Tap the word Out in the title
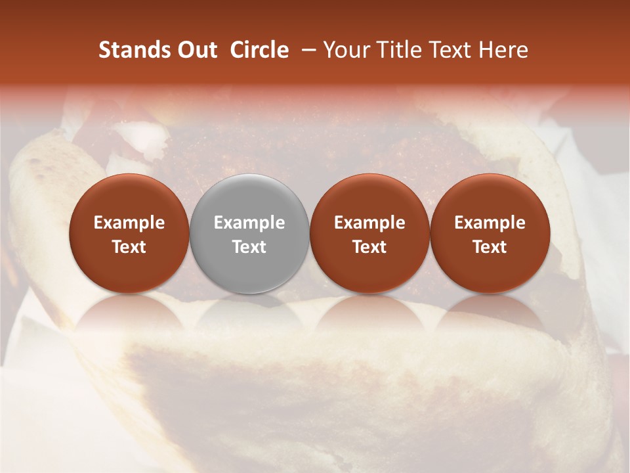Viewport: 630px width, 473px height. click(x=195, y=50)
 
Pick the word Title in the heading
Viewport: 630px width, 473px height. click(x=403, y=50)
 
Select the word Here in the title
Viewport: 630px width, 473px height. click(x=504, y=50)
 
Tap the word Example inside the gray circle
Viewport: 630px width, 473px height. click(x=249, y=223)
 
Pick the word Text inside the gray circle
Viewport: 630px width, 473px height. click(x=249, y=247)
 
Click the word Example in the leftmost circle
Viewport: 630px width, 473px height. click(x=129, y=223)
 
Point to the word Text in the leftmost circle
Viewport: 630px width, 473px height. click(x=129, y=247)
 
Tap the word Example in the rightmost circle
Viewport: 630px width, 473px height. click(x=490, y=223)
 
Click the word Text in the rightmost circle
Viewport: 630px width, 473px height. click(x=490, y=247)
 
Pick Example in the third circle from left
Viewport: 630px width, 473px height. click(x=369, y=223)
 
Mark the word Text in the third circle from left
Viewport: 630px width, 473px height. click(x=369, y=247)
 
